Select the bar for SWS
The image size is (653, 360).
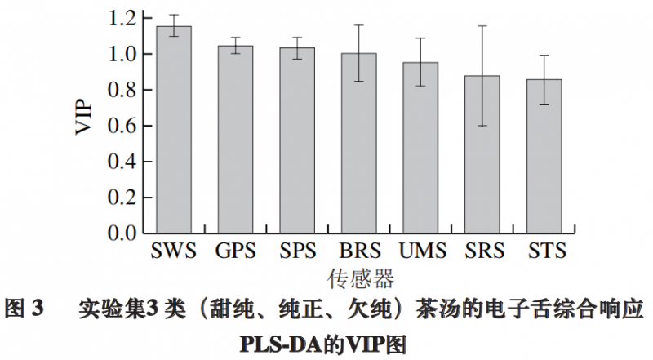[174, 131]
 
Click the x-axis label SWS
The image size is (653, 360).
[174, 251]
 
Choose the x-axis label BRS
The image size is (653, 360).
[358, 251]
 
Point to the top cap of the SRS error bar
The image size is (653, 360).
[482, 26]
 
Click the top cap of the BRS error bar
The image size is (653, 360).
[358, 25]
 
